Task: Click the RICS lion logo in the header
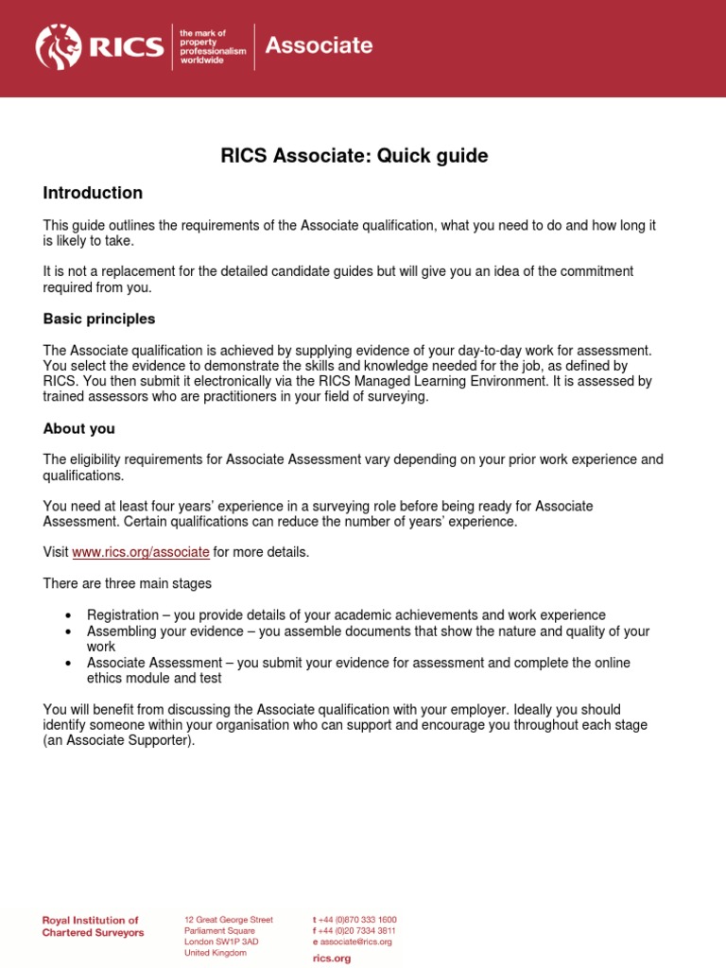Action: coord(60,46)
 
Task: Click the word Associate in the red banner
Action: coord(319,45)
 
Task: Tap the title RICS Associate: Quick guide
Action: coord(354,156)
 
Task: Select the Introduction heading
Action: coord(93,193)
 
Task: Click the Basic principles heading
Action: coord(99,319)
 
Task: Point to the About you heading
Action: coord(79,428)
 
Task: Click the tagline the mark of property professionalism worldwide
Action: coord(212,46)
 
